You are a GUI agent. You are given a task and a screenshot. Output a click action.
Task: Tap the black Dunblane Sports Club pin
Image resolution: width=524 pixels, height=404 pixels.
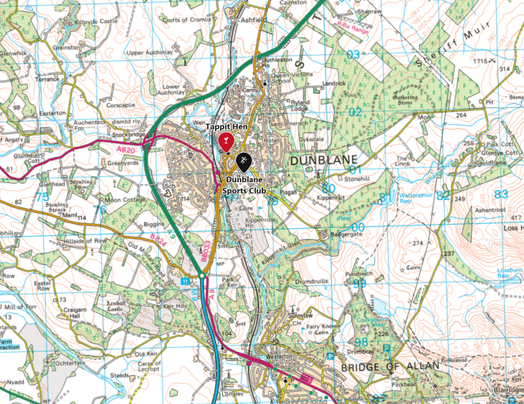pos(244,161)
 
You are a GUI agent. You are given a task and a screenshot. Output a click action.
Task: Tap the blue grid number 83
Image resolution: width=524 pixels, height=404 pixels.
pos(501,193)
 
